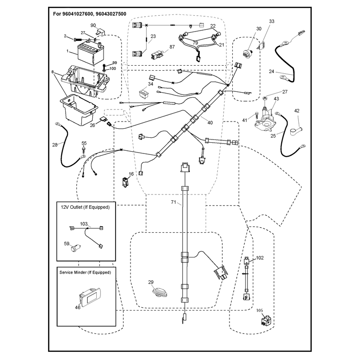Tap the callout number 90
click(x=93, y=25)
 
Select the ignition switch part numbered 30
click(x=247, y=53)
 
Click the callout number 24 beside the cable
click(x=271, y=72)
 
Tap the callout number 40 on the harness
click(x=210, y=123)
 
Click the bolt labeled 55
click(x=84, y=150)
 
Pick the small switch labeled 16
click(x=125, y=182)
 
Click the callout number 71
click(x=174, y=202)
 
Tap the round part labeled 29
click(x=160, y=291)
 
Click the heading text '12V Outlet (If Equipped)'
click(x=85, y=207)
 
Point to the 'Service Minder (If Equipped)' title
click(x=85, y=272)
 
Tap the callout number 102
click(x=260, y=258)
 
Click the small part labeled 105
click(x=266, y=320)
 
